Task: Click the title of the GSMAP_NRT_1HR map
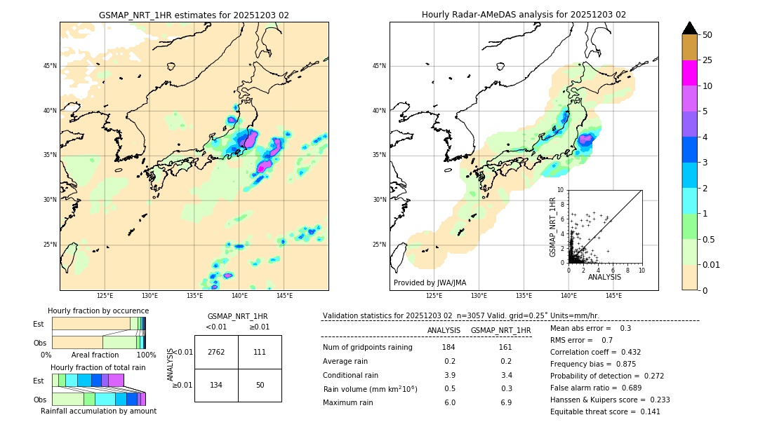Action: click(194, 15)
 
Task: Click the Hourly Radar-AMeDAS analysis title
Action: click(524, 15)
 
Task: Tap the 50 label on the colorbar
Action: click(707, 35)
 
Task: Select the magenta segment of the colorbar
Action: click(690, 73)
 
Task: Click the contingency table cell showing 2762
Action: click(216, 352)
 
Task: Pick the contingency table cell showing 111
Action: click(260, 352)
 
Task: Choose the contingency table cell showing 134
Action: click(216, 385)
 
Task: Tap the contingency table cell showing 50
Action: click(260, 385)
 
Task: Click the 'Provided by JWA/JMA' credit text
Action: click(430, 283)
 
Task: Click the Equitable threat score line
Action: click(606, 411)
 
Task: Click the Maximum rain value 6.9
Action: click(505, 402)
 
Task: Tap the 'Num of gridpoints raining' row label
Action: click(367, 348)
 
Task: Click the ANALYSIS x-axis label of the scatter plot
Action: click(604, 277)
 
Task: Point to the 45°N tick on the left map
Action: click(50, 66)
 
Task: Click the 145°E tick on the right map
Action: click(613, 296)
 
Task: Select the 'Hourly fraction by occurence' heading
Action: click(98, 311)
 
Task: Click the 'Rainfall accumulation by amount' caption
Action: click(98, 411)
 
